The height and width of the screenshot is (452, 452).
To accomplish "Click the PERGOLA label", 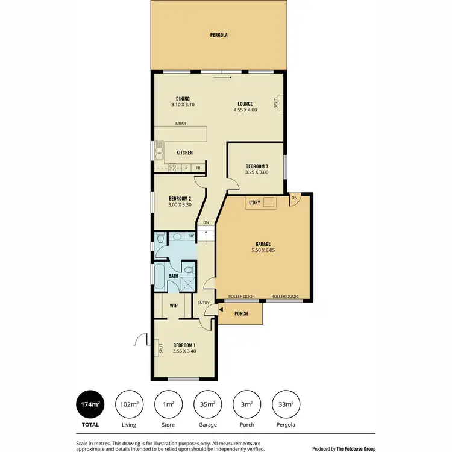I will tap(218, 35).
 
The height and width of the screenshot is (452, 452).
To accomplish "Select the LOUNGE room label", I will tap(245, 104).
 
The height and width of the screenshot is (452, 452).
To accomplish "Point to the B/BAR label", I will tap(180, 124).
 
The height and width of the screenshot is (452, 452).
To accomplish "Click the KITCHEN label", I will tap(184, 152).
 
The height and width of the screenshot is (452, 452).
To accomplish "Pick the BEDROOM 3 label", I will tap(257, 166).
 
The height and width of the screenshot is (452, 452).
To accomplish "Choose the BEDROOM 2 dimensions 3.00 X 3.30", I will tap(180, 205).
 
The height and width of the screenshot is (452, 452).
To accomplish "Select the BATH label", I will tap(173, 276).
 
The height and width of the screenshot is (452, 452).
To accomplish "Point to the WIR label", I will tap(174, 306).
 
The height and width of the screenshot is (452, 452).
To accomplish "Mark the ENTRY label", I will tap(202, 303).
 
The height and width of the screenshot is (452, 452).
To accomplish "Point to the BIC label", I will tap(191, 236).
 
